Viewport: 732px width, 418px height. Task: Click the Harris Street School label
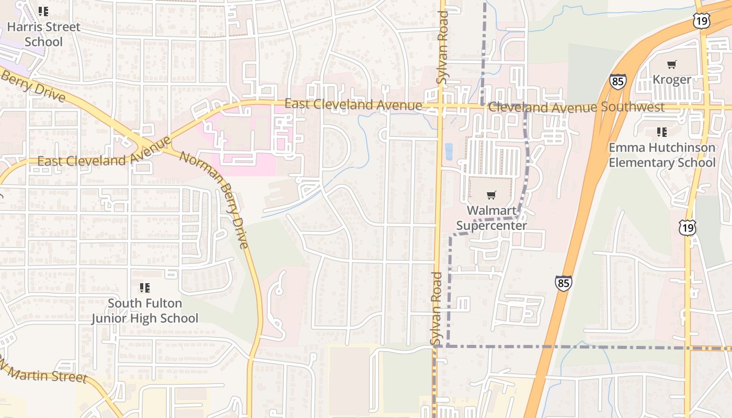44,34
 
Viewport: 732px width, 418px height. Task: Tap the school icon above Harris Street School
43,11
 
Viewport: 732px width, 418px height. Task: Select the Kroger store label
672,79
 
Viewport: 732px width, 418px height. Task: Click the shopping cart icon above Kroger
672,65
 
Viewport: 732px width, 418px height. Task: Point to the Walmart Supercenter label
491,218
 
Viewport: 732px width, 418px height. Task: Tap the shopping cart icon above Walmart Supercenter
491,195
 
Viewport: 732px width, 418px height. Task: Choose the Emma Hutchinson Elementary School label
662,155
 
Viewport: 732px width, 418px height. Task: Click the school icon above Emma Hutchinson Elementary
662,132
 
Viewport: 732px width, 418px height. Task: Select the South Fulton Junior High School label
145,310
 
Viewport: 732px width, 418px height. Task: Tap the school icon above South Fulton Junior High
145,288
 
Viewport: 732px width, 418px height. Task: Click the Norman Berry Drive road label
214,199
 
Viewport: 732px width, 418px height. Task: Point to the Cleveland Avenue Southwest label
576,107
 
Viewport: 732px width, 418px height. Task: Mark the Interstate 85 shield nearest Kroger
617,82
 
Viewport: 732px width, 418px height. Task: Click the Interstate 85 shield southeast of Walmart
563,283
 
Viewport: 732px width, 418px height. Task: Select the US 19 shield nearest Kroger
701,21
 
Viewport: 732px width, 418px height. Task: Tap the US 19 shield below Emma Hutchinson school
688,227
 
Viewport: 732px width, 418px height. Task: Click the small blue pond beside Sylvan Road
448,152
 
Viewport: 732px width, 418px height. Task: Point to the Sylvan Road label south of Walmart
437,308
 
